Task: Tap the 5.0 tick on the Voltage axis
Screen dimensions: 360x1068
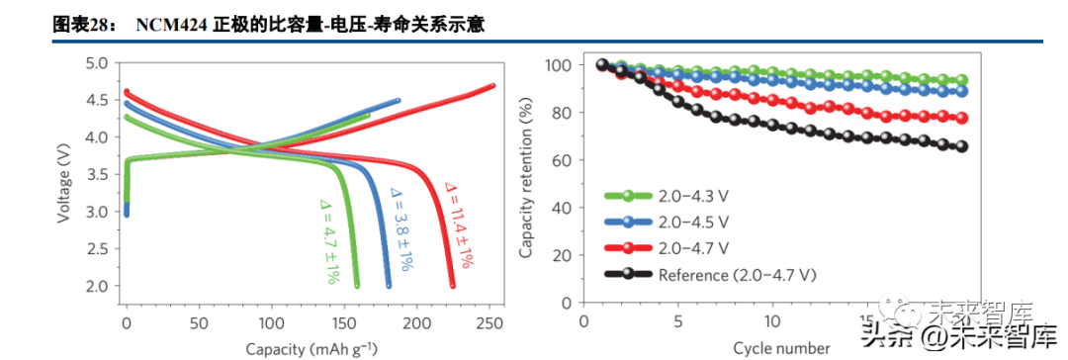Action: pyautogui.click(x=95, y=63)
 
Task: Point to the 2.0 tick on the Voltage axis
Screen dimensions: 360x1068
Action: pyautogui.click(x=95, y=286)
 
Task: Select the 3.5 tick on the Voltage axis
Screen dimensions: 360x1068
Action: pyautogui.click(x=95, y=174)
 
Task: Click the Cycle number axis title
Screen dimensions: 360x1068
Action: pyautogui.click(x=781, y=348)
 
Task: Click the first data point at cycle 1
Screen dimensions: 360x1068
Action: pyautogui.click(x=602, y=65)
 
